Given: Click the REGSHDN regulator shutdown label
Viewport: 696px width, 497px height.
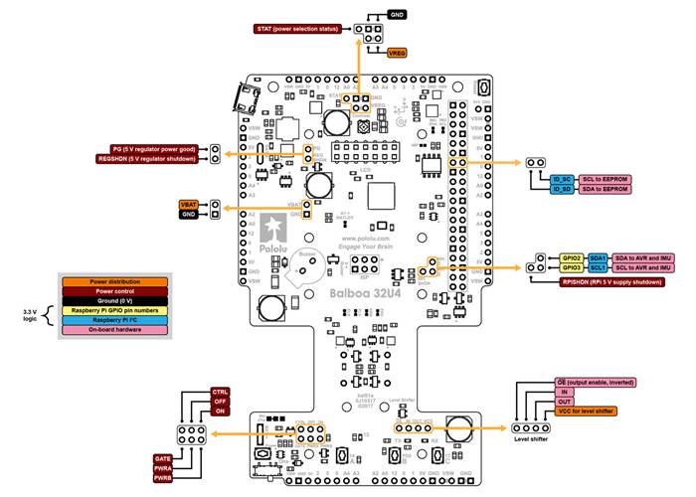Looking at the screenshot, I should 147,158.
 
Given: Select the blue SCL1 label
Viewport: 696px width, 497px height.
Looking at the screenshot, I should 599,267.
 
